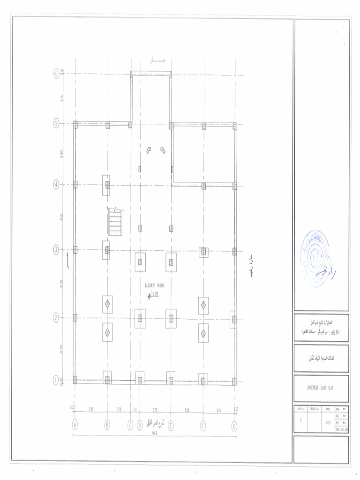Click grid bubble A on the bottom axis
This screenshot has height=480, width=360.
point(75,425)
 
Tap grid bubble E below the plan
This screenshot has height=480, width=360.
point(171,425)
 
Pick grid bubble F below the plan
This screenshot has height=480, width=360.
point(203,425)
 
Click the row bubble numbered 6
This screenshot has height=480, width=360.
point(56,73)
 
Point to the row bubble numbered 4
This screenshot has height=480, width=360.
point(56,185)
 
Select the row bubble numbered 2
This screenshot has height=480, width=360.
point(56,318)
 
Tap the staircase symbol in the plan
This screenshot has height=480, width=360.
point(115,222)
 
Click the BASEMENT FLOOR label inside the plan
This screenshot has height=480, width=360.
point(154,285)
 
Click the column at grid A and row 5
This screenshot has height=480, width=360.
point(75,125)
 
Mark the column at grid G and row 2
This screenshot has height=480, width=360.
point(233,318)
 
